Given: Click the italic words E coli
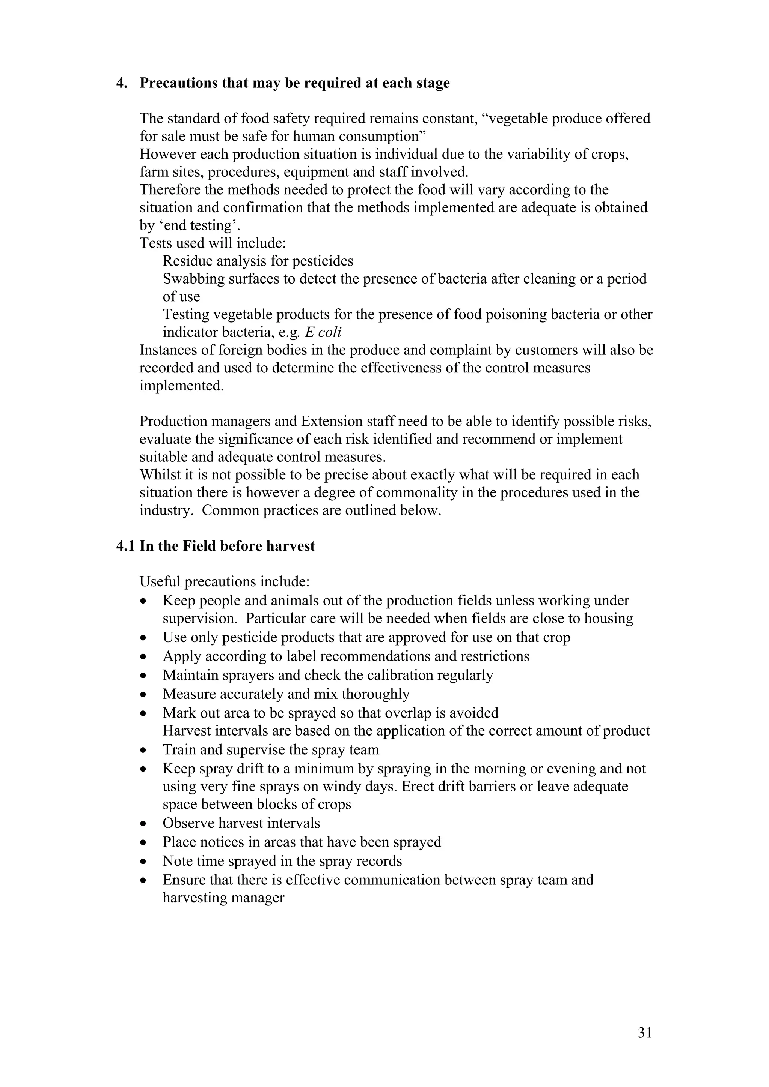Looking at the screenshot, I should (x=323, y=332).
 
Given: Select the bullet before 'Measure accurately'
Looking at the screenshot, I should (x=143, y=695).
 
